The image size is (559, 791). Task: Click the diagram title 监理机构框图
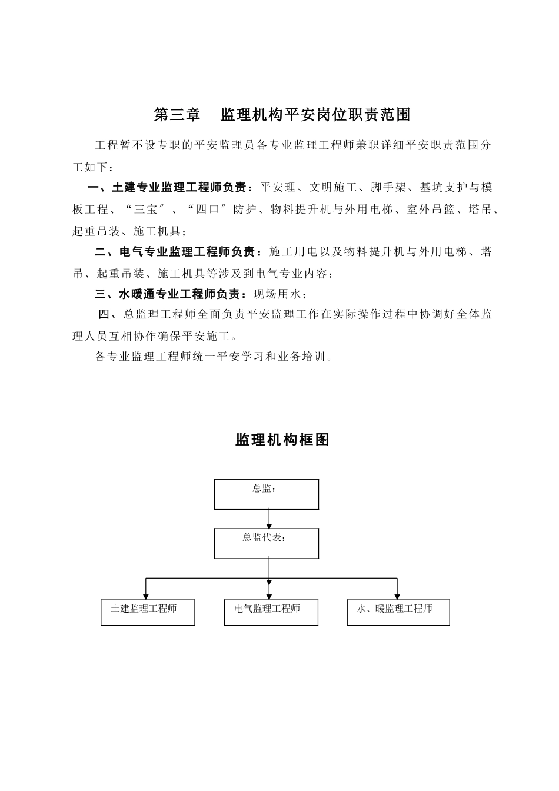click(282, 440)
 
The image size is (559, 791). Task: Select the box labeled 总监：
click(266, 494)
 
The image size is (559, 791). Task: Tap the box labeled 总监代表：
click(266, 543)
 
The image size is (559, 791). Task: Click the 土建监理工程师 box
click(147, 612)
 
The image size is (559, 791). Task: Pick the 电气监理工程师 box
click(271, 612)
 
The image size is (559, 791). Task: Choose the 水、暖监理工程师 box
click(398, 612)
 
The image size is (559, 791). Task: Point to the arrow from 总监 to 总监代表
click(269, 519)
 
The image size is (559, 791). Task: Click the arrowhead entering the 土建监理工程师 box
click(146, 596)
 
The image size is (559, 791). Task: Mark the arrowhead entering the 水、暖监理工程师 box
click(397, 596)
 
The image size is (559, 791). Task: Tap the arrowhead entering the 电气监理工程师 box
click(269, 596)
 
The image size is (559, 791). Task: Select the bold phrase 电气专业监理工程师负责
click(187, 252)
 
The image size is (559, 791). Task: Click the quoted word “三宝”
click(144, 210)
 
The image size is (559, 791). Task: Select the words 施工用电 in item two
click(293, 252)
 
